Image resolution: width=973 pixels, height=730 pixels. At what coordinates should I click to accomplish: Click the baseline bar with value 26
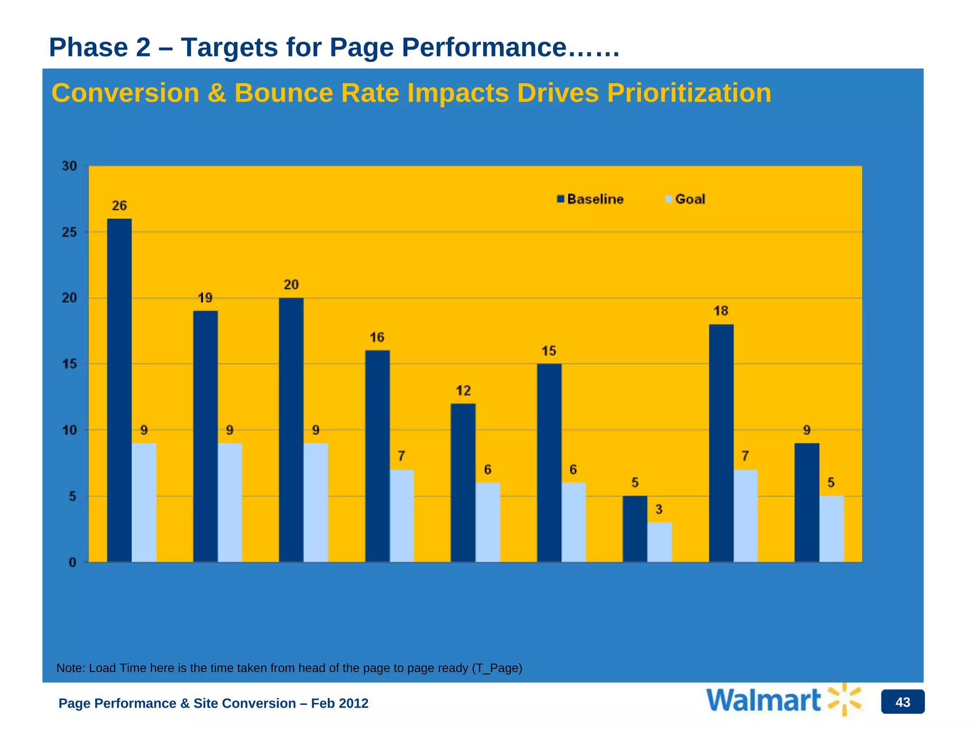[x=119, y=390]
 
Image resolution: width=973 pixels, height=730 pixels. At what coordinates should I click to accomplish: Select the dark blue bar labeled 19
[x=205, y=436]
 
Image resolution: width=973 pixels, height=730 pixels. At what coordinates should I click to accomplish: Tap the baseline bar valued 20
[x=291, y=430]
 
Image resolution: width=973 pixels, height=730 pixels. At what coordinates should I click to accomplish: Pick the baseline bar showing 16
[x=377, y=456]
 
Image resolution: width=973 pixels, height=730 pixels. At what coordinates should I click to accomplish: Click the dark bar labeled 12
[x=463, y=483]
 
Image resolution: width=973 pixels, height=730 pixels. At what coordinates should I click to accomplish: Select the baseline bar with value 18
[x=721, y=443]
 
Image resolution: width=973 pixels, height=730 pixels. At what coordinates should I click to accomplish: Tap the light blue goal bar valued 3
[x=659, y=542]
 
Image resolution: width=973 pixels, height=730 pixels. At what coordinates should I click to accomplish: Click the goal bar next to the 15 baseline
[x=573, y=522]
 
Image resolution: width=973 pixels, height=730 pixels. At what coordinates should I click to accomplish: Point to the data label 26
[x=119, y=206]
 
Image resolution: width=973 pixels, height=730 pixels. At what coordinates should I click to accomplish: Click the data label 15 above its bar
[x=549, y=351]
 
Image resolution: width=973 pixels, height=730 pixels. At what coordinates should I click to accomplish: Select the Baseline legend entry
[x=591, y=199]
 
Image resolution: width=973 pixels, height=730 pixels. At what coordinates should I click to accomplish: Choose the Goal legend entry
[x=685, y=199]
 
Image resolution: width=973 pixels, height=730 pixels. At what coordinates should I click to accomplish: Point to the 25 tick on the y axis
[x=69, y=232]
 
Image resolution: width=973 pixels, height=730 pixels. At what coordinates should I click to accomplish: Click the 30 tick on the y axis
[x=69, y=166]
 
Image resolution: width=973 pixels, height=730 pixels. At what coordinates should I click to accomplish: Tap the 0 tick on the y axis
[x=72, y=563]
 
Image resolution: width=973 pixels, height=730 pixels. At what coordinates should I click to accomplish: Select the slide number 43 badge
[x=902, y=702]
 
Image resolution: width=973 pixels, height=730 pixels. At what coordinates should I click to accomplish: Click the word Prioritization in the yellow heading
[x=689, y=93]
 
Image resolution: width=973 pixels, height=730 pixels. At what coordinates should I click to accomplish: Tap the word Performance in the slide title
[x=484, y=48]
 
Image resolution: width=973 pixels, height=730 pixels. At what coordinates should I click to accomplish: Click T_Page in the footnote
[x=496, y=668]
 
